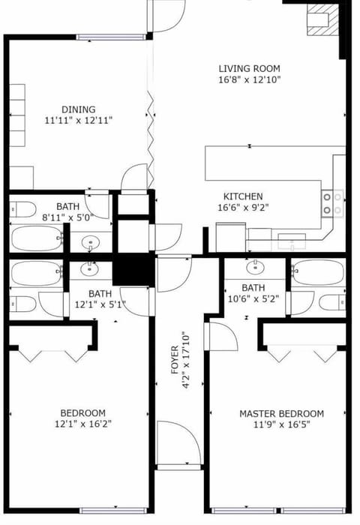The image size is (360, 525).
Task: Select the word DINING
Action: [x=79, y=109]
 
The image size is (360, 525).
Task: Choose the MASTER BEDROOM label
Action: [x=281, y=413]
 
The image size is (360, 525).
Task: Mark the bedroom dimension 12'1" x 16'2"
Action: [x=82, y=424]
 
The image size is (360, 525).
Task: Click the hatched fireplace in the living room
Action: [x=323, y=18]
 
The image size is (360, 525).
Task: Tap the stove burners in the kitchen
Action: [x=333, y=204]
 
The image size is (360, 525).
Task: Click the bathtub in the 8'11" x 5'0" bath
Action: [x=36, y=239]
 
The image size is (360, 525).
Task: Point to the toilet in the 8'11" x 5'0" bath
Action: [x=22, y=208]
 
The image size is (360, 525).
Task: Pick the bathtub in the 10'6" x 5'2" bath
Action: [x=318, y=271]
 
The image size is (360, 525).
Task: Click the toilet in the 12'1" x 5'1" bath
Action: [x=23, y=303]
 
